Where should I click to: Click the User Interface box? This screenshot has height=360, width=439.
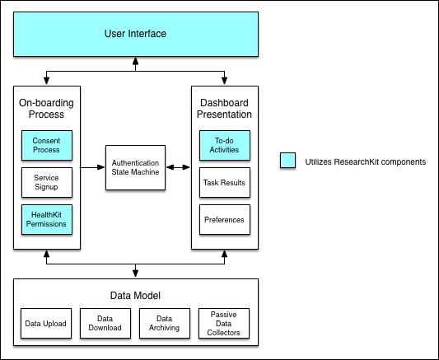pos(136,34)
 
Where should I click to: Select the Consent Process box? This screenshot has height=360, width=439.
pos(47,145)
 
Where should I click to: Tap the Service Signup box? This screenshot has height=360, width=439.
pos(47,183)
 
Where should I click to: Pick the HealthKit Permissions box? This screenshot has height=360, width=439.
pos(47,219)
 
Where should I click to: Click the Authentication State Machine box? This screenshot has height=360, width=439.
pos(136,168)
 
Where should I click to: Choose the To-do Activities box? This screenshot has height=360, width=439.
pos(225,145)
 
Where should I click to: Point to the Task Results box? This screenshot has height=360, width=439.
pos(225,183)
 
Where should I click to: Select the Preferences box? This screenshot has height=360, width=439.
pos(225,219)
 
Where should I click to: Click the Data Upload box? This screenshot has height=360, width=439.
pos(46,323)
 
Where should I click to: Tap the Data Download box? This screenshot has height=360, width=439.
pos(105,323)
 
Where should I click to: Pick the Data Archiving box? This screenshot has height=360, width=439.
pos(165,323)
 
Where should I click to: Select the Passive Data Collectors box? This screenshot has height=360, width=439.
pos(224,323)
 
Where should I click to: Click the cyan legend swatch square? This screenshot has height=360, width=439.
pos(287,161)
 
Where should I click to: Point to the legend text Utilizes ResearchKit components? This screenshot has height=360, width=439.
pos(366,161)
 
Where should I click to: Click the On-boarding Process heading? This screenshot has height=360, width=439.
pos(46,109)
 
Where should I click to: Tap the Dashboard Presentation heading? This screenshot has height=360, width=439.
pos(224,109)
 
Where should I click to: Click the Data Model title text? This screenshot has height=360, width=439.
pos(135,296)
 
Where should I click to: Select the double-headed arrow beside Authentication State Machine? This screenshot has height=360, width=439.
pos(178,167)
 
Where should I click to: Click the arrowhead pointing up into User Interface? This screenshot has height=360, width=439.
pos(136,61)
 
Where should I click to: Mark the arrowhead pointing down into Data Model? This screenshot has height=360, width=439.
pos(136,274)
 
